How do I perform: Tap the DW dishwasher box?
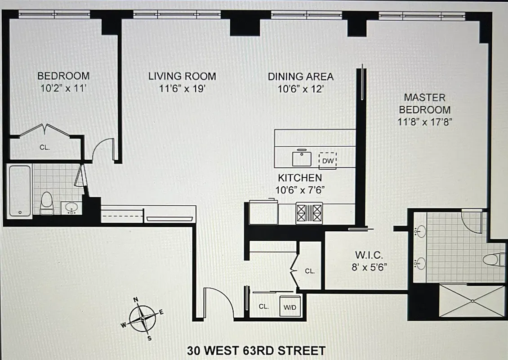coord(327,160)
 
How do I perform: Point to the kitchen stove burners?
coord(309,212)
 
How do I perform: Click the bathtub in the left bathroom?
coord(19,192)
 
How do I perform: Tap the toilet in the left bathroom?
coord(47,203)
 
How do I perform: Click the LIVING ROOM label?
coord(182,76)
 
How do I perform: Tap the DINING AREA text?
coord(301,76)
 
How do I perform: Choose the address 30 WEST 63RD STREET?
coord(256,350)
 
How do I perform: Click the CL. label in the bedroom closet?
coord(44,147)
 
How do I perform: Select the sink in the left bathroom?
coord(71,207)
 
